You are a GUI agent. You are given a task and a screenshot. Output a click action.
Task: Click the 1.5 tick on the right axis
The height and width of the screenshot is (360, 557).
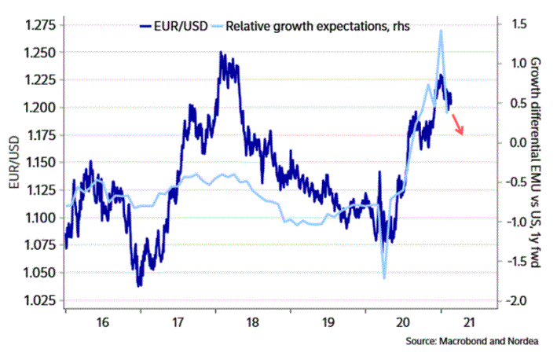[515, 25]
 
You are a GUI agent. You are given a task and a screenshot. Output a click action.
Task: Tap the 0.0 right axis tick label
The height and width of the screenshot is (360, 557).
[515, 142]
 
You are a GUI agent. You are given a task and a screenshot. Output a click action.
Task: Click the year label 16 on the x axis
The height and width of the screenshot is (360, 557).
[101, 322]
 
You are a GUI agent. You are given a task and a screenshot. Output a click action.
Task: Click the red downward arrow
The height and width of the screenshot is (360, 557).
[457, 124]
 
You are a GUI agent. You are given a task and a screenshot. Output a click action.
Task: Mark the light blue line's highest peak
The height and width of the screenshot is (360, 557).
[441, 31]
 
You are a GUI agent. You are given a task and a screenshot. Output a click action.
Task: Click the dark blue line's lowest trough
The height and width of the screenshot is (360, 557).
[139, 285]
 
